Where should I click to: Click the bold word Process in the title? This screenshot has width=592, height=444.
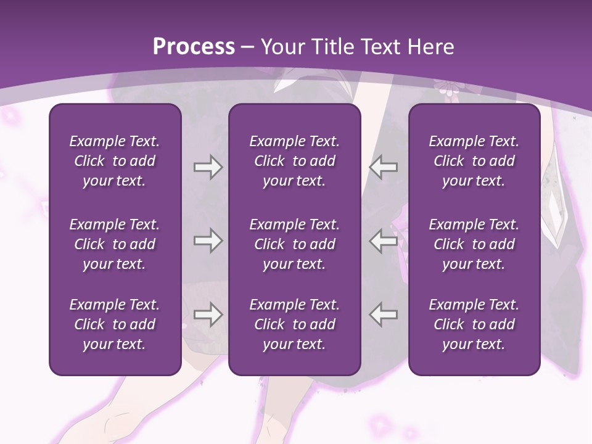pyautogui.click(x=194, y=47)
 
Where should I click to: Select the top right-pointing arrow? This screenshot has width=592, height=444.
pyautogui.click(x=208, y=167)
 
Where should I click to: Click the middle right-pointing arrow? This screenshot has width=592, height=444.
pyautogui.click(x=208, y=240)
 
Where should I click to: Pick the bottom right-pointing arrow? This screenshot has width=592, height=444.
pyautogui.click(x=208, y=314)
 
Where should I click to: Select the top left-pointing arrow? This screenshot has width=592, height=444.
pyautogui.click(x=383, y=167)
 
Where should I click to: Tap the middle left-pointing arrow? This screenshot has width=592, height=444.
pyautogui.click(x=383, y=240)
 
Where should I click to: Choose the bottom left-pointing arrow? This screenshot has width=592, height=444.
pyautogui.click(x=383, y=314)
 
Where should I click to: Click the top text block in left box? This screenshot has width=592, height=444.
pyautogui.click(x=115, y=161)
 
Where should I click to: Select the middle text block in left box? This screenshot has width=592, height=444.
pyautogui.click(x=115, y=244)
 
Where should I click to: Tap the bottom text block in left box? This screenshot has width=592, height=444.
pyautogui.click(x=115, y=324)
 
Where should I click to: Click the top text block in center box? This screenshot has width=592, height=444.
pyautogui.click(x=294, y=161)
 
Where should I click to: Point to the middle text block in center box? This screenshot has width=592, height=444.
pyautogui.click(x=294, y=244)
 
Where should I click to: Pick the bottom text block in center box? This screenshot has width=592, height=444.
pyautogui.click(x=294, y=324)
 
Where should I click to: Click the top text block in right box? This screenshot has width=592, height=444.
pyautogui.click(x=474, y=161)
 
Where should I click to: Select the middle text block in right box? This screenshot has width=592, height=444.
pyautogui.click(x=474, y=244)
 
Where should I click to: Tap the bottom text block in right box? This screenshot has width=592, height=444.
pyautogui.click(x=474, y=324)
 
